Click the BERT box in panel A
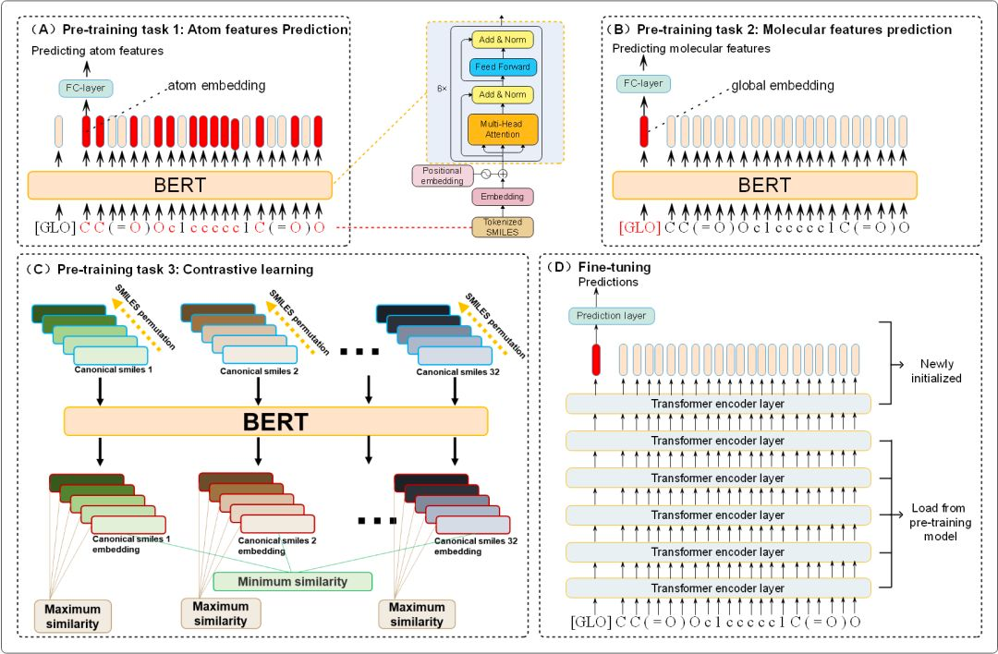(x=179, y=186)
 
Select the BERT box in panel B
(x=764, y=186)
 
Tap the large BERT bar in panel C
(x=275, y=422)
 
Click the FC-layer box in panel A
(x=83, y=89)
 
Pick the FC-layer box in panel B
(x=643, y=83)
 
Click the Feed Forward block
(x=502, y=67)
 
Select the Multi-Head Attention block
(x=502, y=128)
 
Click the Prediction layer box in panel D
(x=610, y=316)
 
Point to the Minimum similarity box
(x=292, y=581)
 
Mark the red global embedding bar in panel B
(x=643, y=131)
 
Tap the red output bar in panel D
(x=595, y=358)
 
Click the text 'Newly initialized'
(x=942, y=370)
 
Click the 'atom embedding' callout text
(x=215, y=86)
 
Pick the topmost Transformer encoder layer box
(x=718, y=404)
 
